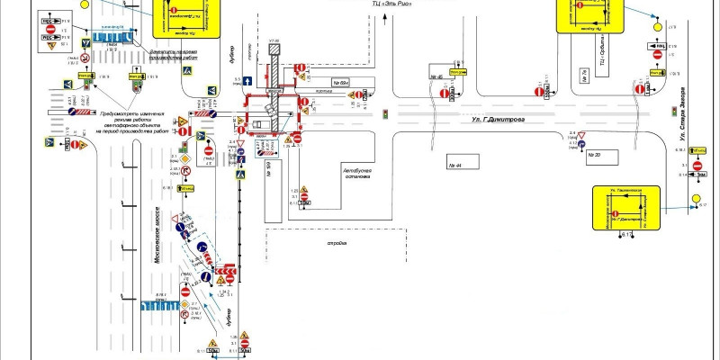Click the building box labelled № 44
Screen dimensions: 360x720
tap(462, 166)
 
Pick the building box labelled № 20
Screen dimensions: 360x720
tap(593, 155)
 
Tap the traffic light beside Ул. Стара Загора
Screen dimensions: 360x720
tap(672, 111)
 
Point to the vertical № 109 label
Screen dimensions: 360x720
tap(269, 167)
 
